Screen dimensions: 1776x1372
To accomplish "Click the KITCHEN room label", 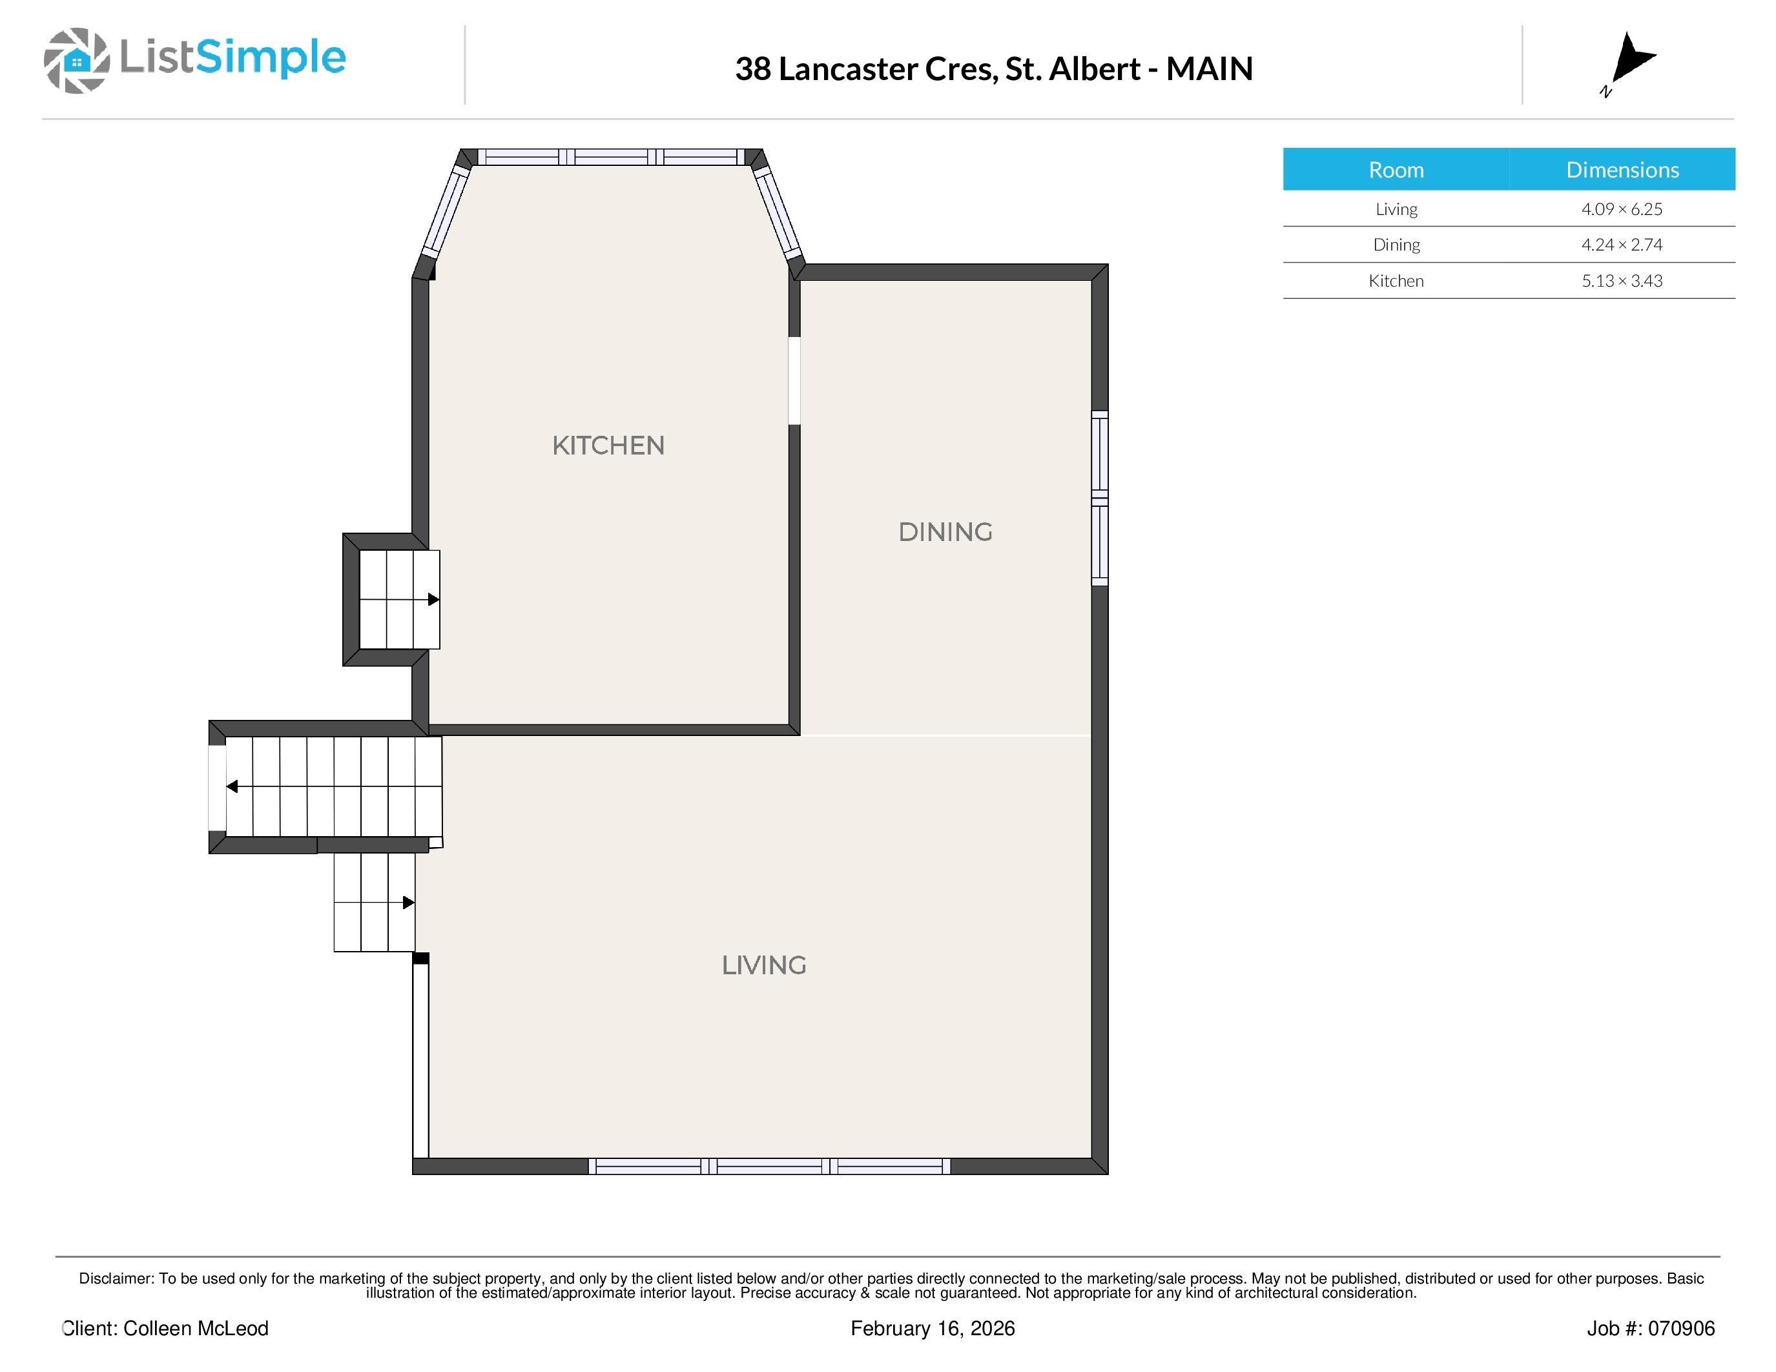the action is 608,445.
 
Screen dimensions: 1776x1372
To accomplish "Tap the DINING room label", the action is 945,533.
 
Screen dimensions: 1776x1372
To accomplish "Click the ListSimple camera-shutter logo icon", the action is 76,60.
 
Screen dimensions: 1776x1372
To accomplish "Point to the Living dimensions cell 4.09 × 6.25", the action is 1622,209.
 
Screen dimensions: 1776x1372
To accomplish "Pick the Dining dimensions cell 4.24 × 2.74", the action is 1622,245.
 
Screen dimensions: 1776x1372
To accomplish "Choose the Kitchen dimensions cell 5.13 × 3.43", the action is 1622,280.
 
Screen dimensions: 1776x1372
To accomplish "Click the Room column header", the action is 1396,169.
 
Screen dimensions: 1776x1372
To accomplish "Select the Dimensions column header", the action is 1622,169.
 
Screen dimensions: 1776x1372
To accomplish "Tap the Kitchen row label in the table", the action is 1396,280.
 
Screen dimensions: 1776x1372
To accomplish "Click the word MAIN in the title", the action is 1209,69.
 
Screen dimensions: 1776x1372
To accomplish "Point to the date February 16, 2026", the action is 933,1328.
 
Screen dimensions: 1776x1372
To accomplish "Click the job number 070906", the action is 1685,1328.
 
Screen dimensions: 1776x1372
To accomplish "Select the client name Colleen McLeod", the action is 195,1328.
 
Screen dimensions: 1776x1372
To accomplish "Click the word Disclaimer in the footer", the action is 116,1278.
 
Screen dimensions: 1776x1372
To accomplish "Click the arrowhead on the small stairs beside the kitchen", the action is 433,600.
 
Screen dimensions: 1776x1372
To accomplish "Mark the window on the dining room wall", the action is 1099,498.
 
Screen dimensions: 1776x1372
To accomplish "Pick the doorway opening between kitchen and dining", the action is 794,380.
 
